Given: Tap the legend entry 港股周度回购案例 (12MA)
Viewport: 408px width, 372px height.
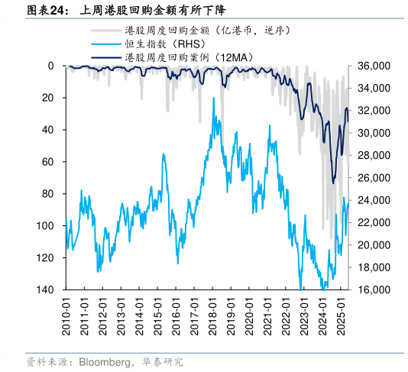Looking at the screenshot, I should coord(191,57).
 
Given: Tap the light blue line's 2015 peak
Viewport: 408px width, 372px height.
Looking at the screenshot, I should coord(164,154).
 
